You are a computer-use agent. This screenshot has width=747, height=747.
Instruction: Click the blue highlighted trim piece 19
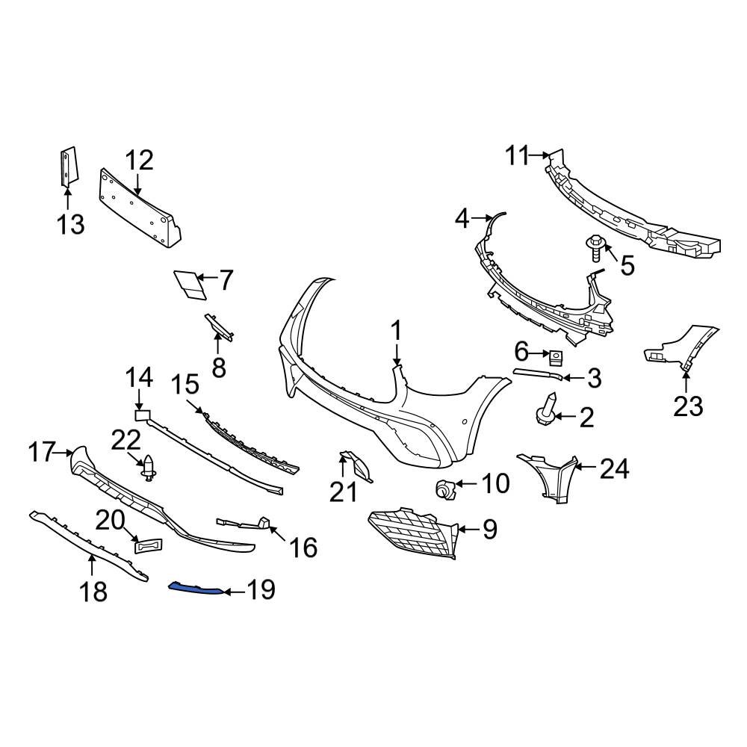click(x=196, y=589)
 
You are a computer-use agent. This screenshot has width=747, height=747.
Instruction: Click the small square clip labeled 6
click(x=556, y=357)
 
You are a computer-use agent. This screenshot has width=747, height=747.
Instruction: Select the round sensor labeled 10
click(x=445, y=489)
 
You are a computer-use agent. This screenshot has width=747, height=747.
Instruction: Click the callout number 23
click(x=688, y=406)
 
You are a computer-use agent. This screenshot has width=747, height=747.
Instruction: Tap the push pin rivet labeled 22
click(x=149, y=468)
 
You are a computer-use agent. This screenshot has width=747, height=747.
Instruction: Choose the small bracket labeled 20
click(x=148, y=545)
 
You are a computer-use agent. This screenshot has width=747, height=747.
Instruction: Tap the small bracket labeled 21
click(x=354, y=466)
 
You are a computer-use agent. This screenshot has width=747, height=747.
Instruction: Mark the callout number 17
click(x=43, y=452)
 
